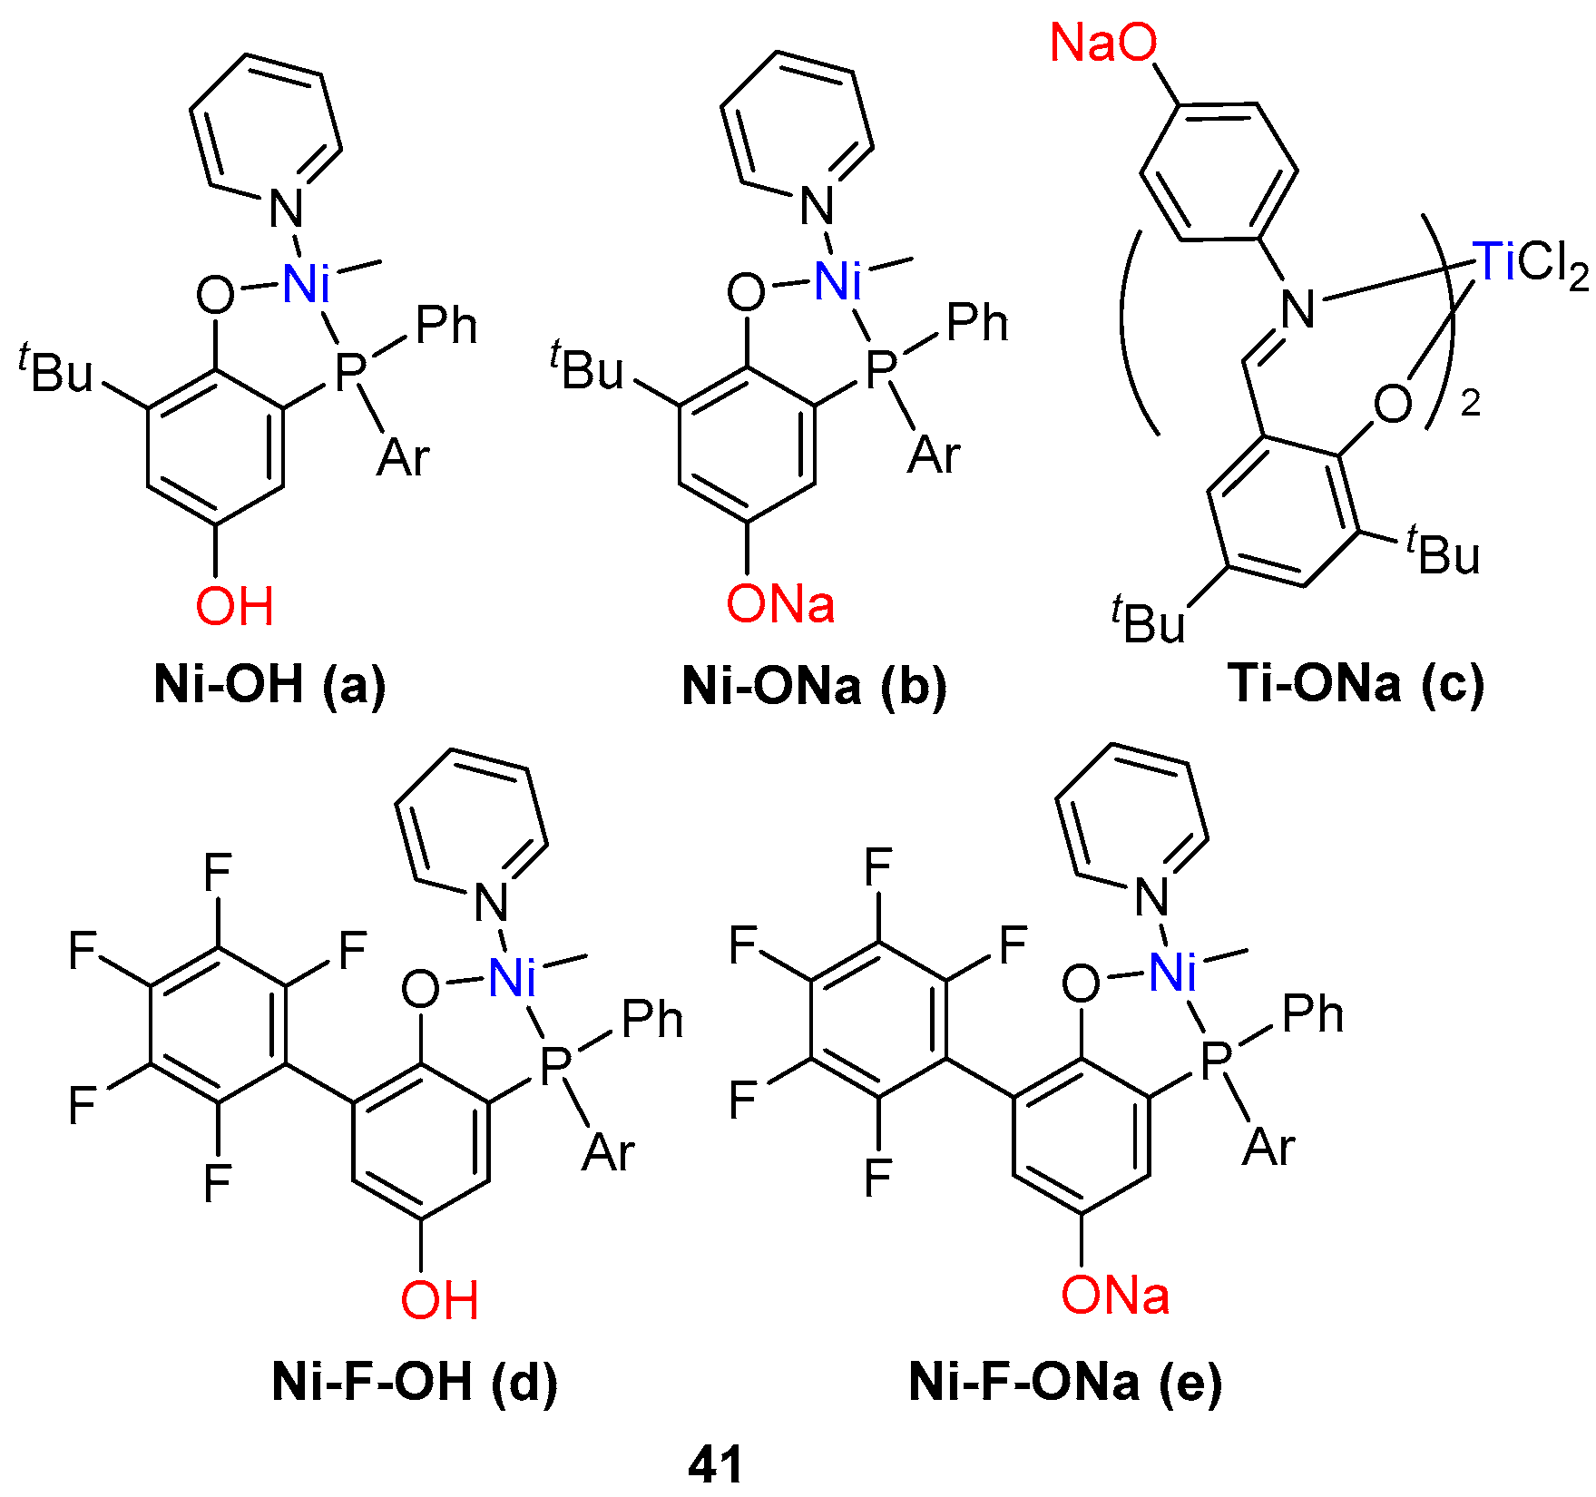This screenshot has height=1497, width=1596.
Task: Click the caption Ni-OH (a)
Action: click(269, 684)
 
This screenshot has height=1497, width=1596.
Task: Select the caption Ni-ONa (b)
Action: click(814, 686)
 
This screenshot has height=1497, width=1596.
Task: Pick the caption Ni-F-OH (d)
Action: click(415, 1382)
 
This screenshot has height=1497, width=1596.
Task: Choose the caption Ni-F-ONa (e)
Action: click(1065, 1382)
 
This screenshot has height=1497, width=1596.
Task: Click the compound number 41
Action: click(716, 1463)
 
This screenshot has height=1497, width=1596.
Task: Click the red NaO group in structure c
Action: click(1103, 43)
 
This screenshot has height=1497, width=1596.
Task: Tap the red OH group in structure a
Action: click(235, 606)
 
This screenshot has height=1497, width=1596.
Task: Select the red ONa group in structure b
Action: click(780, 604)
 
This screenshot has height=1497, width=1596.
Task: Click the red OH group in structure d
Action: click(440, 1299)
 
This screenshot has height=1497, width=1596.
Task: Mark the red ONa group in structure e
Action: click(1115, 1295)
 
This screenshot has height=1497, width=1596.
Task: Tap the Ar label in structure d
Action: click(608, 1152)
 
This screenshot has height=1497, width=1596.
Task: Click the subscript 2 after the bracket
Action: click(1471, 404)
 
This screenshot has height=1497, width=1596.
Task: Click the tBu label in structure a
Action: click(56, 367)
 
